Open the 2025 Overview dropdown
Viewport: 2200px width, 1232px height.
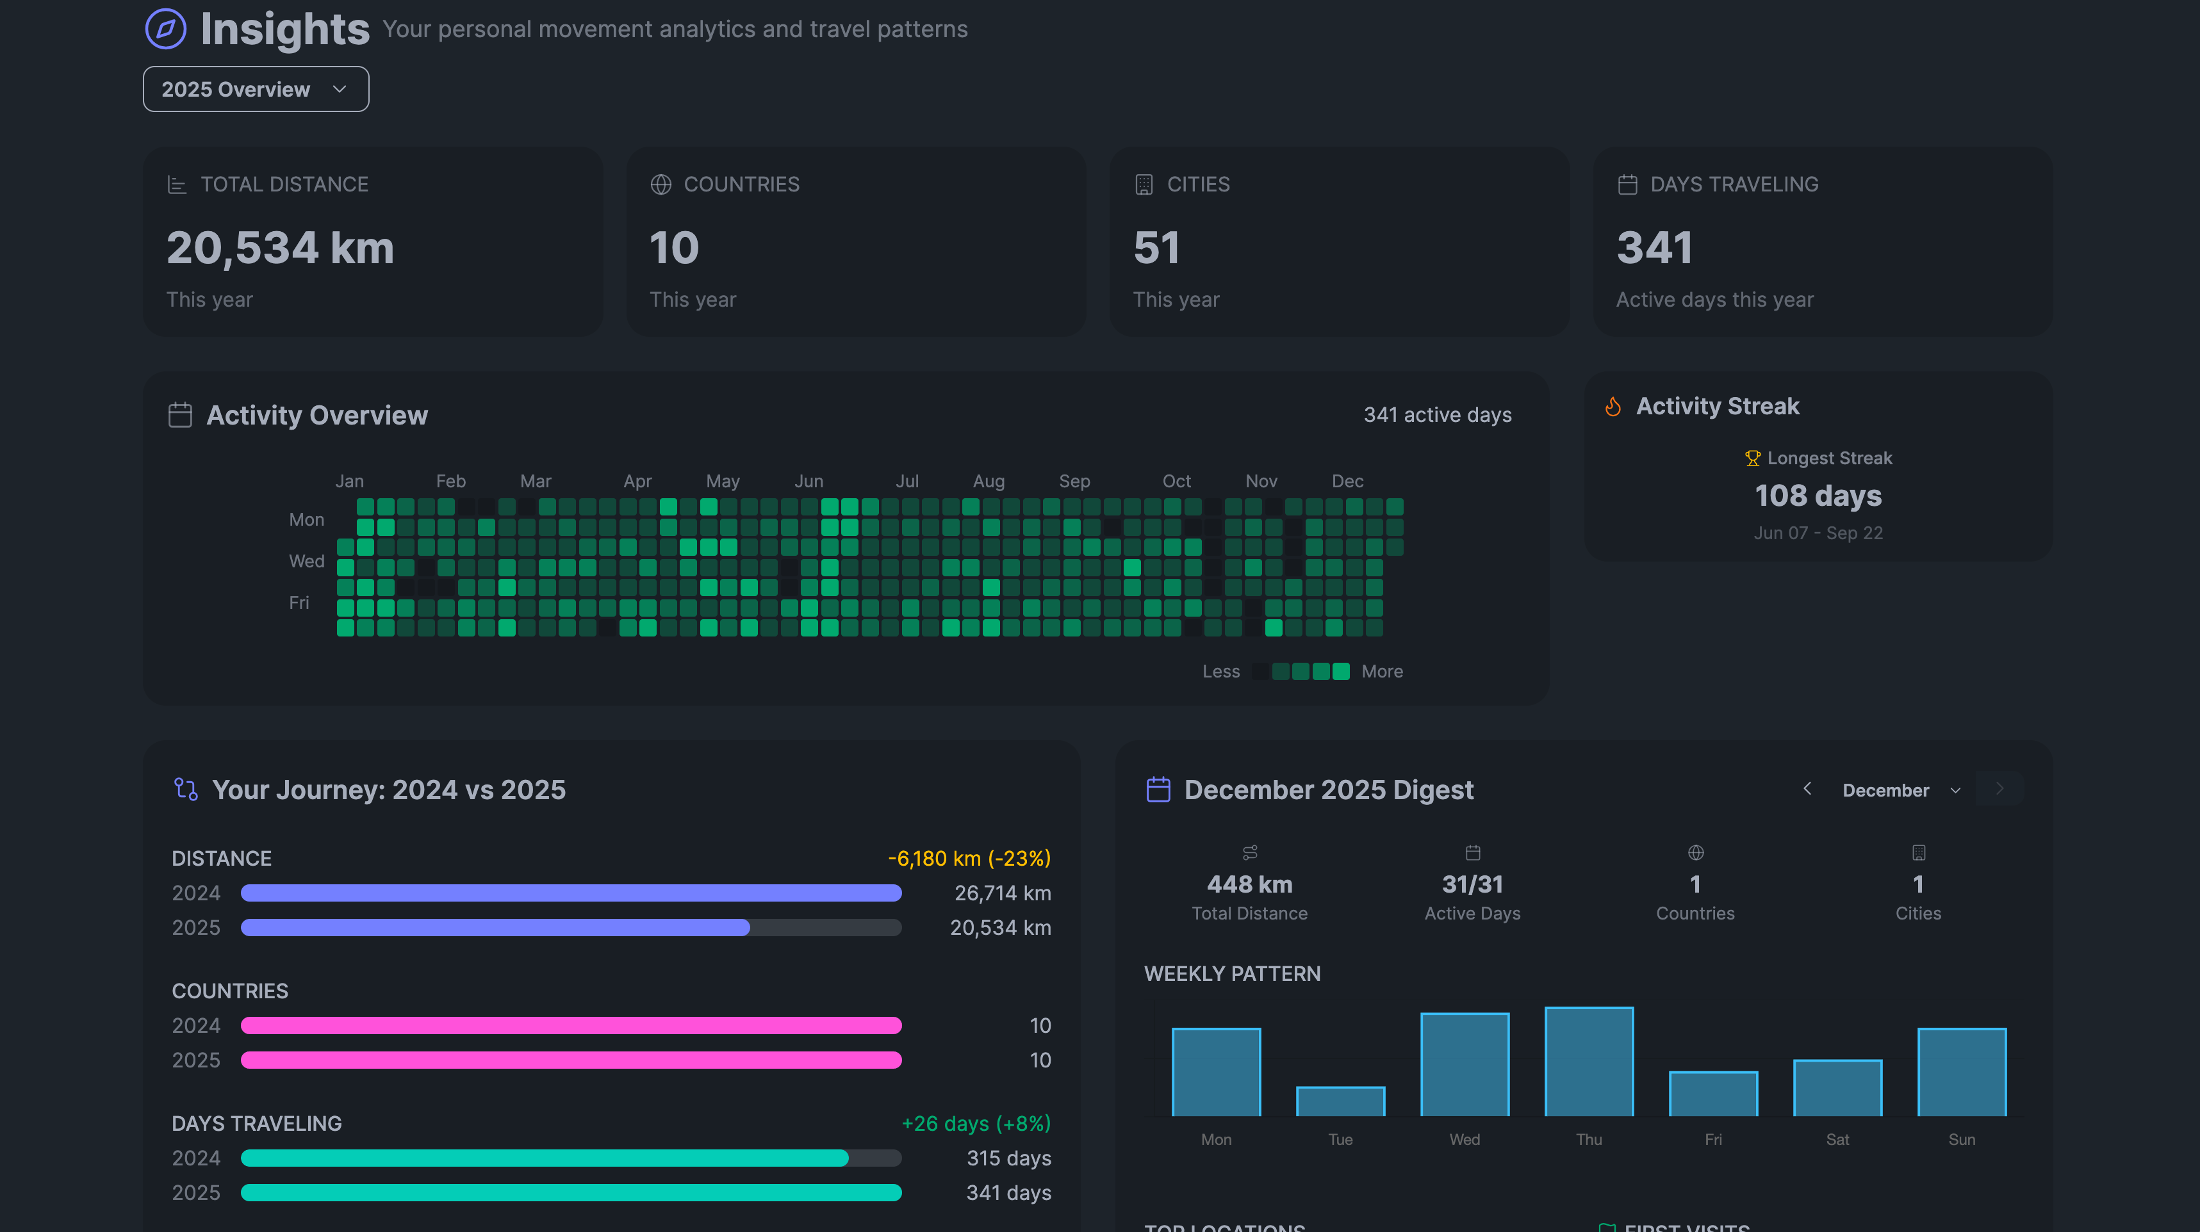click(256, 89)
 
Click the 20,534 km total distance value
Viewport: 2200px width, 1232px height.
click(280, 248)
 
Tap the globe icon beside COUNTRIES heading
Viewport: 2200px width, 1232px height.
click(660, 184)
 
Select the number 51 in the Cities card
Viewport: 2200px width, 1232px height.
click(1156, 248)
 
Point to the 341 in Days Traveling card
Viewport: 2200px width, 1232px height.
click(1654, 248)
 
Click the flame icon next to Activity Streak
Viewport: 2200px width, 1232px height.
click(1613, 407)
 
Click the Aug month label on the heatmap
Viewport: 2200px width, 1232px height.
click(988, 481)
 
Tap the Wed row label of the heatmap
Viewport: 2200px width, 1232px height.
click(306, 561)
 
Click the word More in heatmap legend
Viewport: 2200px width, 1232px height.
click(1382, 671)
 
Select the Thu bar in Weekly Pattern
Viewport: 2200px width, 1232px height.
click(1589, 1061)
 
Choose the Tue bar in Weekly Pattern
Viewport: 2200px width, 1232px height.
click(1340, 1101)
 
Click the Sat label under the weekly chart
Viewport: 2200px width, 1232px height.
click(1837, 1139)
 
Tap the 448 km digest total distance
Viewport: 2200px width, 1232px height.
click(1249, 884)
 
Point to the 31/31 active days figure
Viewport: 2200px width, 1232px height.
click(1472, 884)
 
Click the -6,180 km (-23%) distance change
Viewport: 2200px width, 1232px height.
click(969, 858)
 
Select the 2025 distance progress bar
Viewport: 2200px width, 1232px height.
click(570, 927)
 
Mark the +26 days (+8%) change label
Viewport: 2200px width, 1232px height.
click(976, 1124)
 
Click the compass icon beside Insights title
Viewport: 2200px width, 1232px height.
click(166, 29)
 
